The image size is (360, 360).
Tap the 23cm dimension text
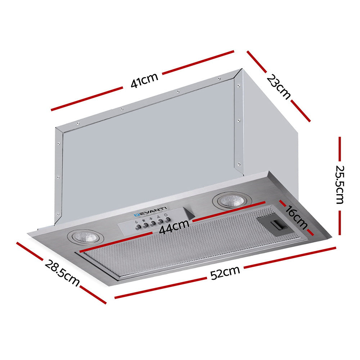[x=278, y=87]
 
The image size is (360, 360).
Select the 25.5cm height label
[x=340, y=184]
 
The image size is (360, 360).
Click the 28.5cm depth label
[x=62, y=273]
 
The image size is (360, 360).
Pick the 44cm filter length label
[x=174, y=228]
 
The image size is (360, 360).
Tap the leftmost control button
[x=138, y=227]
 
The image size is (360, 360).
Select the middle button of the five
[x=153, y=223]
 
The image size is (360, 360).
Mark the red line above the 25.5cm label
[x=339, y=150]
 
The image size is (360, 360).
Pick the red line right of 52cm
[x=290, y=256]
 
